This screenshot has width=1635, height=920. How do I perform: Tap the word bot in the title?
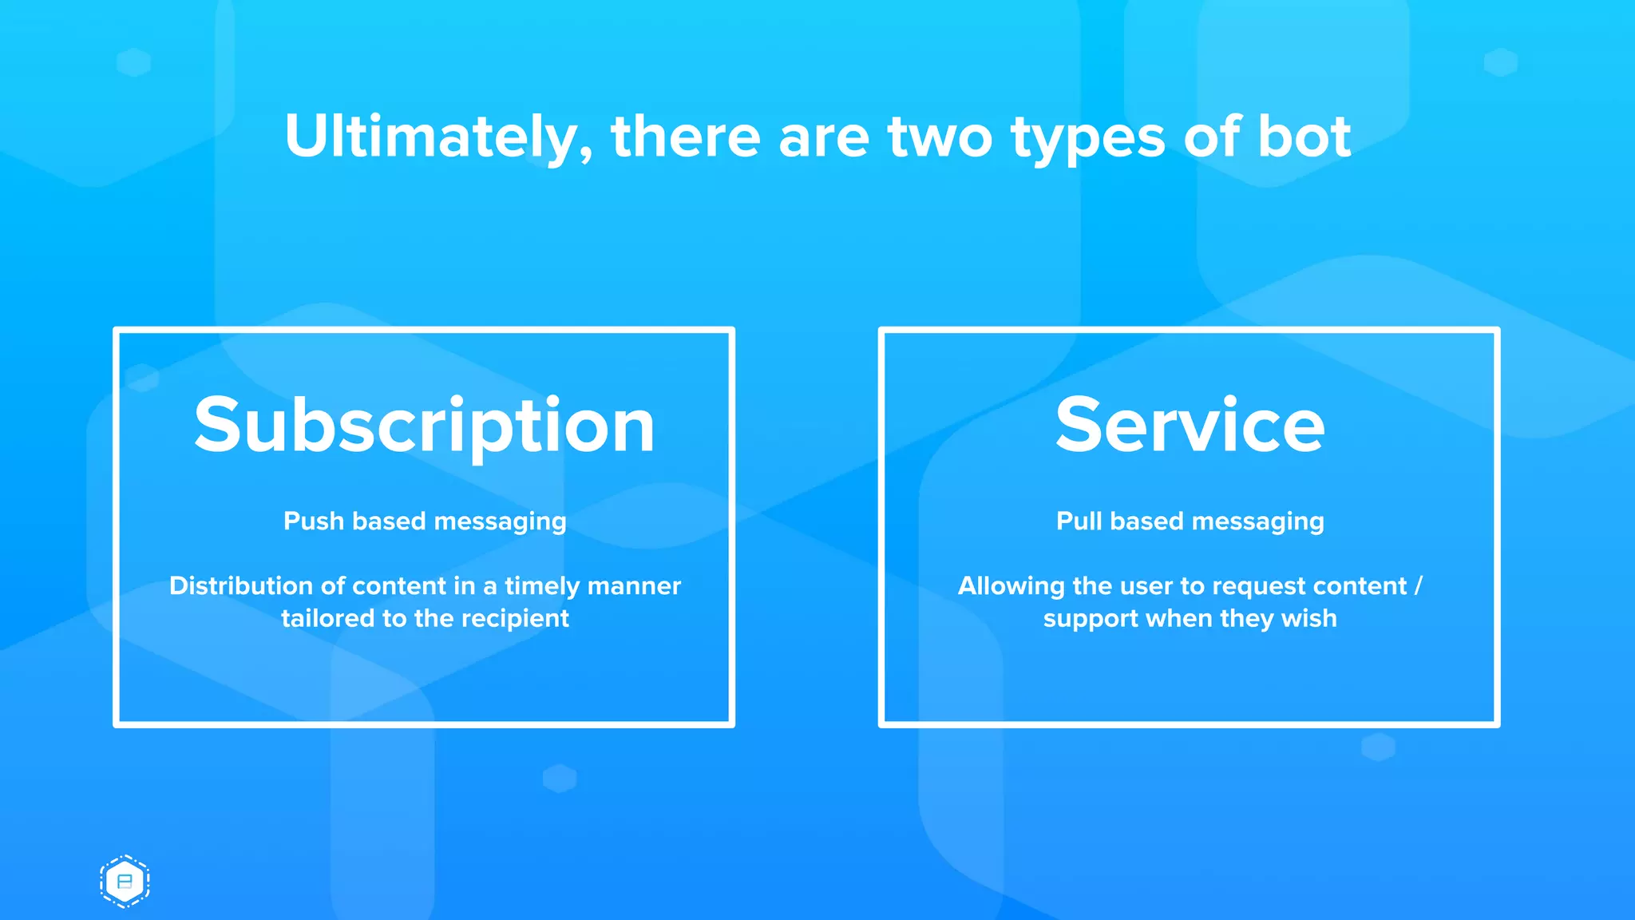point(1304,137)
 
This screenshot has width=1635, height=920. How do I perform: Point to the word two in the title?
point(940,137)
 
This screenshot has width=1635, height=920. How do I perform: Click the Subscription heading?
point(424,426)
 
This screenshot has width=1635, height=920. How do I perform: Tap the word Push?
point(313,521)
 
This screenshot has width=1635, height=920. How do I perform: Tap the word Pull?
point(1079,521)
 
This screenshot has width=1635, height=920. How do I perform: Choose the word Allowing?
point(1011,587)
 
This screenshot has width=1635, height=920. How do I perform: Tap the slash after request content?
point(1418,587)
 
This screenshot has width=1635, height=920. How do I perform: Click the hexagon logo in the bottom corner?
point(125,882)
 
